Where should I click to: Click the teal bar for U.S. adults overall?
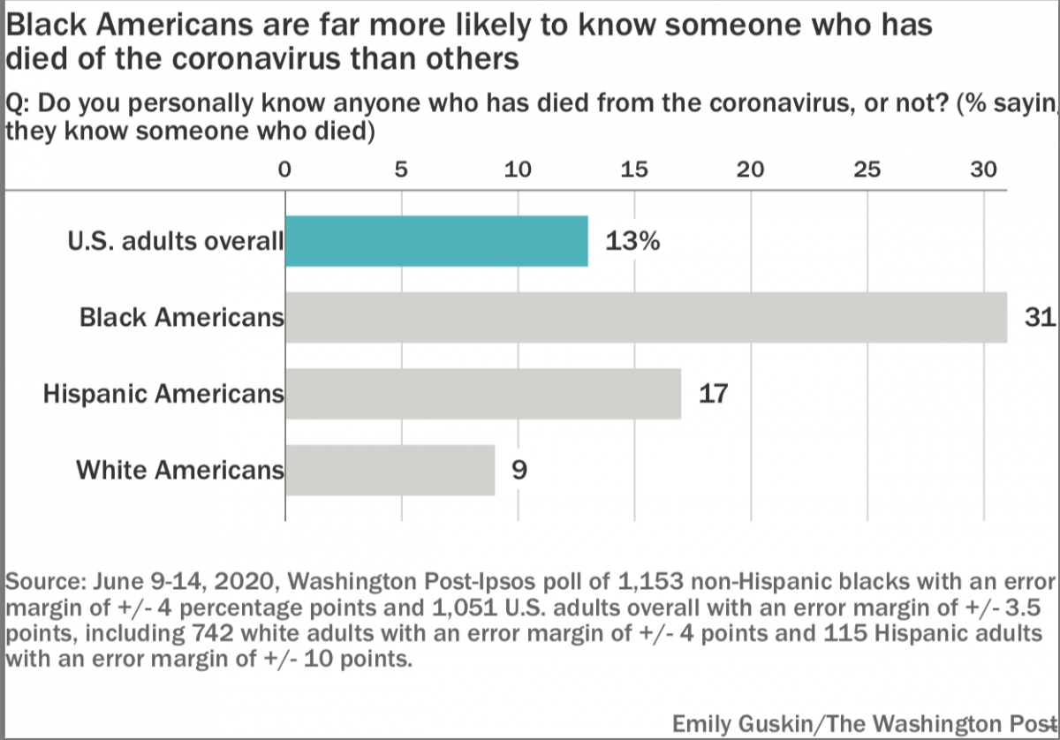tap(436, 241)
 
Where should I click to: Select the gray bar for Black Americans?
tap(646, 316)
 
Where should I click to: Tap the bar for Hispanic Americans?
tap(483, 393)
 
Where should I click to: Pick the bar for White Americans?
tap(390, 469)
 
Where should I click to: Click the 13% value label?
tap(632, 242)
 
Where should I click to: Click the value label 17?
tap(713, 393)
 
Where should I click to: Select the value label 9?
tap(519, 469)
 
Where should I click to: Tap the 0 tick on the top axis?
tap(284, 170)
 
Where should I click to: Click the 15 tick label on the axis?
tap(634, 170)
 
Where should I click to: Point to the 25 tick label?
tap(867, 170)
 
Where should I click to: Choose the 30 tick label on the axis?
tap(984, 170)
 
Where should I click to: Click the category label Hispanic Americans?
tap(164, 394)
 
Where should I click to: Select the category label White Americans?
tap(180, 470)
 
